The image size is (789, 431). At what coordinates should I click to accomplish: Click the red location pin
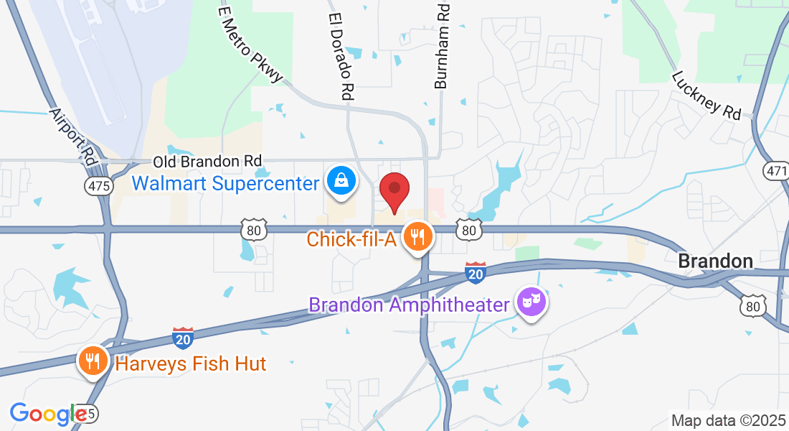coord(394,190)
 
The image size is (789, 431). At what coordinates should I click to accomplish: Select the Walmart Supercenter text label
coord(225,183)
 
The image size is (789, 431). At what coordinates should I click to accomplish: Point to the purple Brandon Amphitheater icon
coord(531,302)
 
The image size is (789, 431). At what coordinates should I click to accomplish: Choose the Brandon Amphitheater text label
coord(409,305)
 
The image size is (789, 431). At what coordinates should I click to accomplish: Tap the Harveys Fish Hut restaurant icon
coord(92,361)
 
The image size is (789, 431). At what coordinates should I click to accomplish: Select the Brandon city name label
coord(715,261)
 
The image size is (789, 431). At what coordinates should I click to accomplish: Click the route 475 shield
coord(98,186)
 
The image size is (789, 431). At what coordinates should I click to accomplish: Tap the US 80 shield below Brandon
coord(752,307)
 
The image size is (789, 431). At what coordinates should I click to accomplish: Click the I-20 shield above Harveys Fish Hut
coord(183,338)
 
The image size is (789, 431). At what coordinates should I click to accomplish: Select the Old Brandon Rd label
coord(207,162)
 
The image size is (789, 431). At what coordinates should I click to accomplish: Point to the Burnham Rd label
coord(443,45)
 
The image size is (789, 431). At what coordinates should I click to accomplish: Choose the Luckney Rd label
coord(707,95)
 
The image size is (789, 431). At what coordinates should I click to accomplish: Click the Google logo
coord(48,414)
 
